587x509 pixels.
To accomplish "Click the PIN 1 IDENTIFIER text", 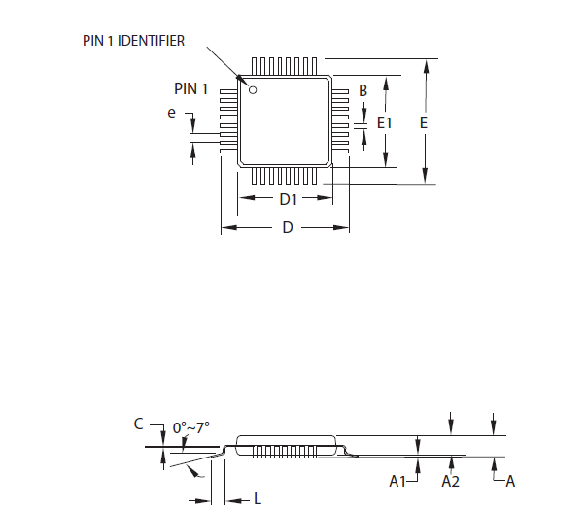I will point(133,41).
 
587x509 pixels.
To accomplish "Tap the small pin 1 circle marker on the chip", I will point(253,90).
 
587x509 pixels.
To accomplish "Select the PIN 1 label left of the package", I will point(190,89).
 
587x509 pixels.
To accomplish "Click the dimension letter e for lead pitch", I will point(172,114).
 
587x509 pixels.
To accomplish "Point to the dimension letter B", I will point(363,90).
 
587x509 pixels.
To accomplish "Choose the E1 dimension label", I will point(384,123).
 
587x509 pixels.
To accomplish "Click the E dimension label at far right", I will point(423,123).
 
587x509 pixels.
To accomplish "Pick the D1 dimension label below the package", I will point(288,199).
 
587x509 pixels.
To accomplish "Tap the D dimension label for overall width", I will point(288,228).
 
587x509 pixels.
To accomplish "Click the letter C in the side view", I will point(139,424).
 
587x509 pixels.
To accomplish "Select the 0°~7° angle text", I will point(191,427).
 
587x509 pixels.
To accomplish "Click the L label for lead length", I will point(257,499).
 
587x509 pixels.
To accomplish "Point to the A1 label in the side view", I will point(397,481).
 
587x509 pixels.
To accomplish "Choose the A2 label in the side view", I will point(450,481).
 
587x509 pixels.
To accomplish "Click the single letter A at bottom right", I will point(510,481).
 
